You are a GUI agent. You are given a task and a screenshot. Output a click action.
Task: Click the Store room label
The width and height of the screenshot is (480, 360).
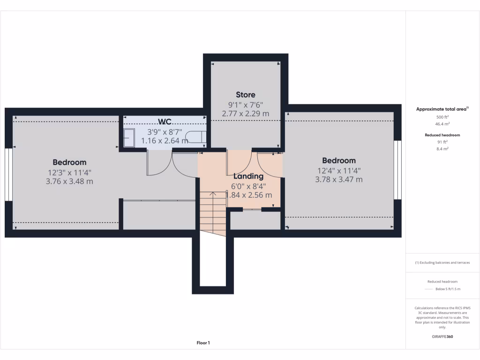246,95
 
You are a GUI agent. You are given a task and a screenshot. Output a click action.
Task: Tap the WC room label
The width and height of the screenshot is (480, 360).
164,122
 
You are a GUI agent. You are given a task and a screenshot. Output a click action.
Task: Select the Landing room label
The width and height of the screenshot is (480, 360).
248,176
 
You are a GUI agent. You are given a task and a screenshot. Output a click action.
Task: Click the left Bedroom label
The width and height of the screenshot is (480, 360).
69,162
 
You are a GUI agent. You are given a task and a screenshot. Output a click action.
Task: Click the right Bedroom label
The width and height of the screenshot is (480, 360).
339,160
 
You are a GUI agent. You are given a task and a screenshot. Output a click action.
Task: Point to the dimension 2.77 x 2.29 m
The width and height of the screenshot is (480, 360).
246,113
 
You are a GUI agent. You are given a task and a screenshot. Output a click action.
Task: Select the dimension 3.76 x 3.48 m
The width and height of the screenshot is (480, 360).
69,181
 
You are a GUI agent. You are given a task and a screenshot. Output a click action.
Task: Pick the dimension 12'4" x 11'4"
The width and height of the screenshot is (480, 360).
339,170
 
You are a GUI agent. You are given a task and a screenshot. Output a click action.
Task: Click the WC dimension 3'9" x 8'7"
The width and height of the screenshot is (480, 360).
164,132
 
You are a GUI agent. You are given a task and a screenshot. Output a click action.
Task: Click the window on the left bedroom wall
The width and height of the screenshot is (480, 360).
8,175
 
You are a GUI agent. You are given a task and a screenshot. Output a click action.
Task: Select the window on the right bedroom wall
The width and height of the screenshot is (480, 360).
398,170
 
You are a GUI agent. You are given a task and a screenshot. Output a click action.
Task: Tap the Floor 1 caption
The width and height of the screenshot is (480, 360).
203,343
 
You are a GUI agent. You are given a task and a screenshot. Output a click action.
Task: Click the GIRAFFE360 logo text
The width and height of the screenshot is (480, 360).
442,337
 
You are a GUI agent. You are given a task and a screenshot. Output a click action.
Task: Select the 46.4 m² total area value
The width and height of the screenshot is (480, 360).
443,124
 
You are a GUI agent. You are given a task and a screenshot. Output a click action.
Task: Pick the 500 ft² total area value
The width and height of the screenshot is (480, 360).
443,117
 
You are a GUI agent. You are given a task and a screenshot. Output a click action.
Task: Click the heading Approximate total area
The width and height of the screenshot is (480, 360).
442,109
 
